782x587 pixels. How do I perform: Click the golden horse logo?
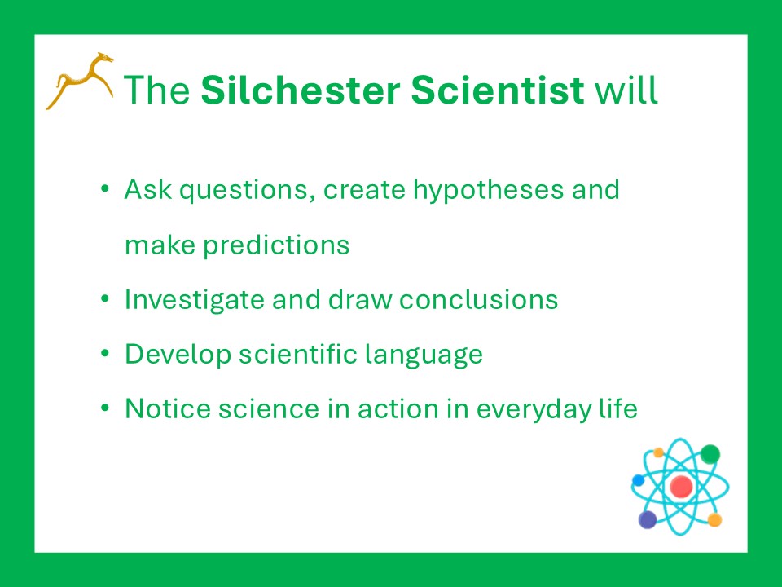pos(80,81)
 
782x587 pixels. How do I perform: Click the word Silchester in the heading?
pos(301,90)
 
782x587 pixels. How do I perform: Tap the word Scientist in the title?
pos(497,90)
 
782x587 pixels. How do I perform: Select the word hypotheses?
pos(488,191)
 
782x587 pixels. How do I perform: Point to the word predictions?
pos(276,245)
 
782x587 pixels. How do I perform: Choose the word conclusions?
pos(478,299)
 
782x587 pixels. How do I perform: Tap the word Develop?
pos(178,355)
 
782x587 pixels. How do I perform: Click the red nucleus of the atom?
pos(681,486)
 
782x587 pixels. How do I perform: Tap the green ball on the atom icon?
pos(710,454)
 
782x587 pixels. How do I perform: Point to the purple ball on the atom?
pos(648,519)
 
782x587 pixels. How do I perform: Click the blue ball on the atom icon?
pos(638,480)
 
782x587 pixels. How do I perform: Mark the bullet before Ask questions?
pos(105,188)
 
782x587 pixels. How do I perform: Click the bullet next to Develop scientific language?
pos(105,353)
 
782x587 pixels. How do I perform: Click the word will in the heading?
pos(626,90)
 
